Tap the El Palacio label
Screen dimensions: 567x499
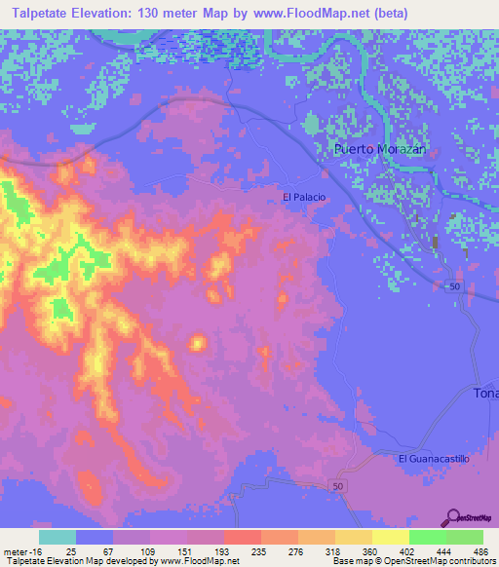pyautogui.click(x=303, y=197)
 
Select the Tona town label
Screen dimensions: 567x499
pyautogui.click(x=485, y=393)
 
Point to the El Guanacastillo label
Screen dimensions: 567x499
pyautogui.click(x=434, y=458)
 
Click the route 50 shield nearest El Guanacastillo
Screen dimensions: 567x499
pyautogui.click(x=338, y=484)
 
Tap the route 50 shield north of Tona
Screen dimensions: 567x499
pyautogui.click(x=455, y=284)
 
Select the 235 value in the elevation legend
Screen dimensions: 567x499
pyautogui.click(x=260, y=550)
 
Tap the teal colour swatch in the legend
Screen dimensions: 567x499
pyautogui.click(x=58, y=537)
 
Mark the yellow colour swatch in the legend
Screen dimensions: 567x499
pyautogui.click(x=391, y=537)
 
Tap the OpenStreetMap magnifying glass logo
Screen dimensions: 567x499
pyautogui.click(x=453, y=519)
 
